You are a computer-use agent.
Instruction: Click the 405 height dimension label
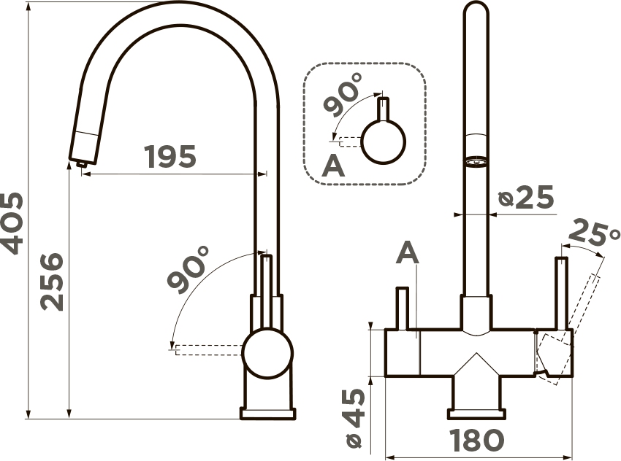[x=12, y=223]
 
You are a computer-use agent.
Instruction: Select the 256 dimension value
[x=52, y=282]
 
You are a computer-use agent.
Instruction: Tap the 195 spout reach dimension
[x=170, y=157]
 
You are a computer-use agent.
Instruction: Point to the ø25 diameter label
[x=526, y=197]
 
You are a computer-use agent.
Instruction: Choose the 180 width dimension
[x=477, y=440]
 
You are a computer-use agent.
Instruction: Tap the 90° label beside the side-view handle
[x=188, y=270]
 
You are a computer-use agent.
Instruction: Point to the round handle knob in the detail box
[x=384, y=142]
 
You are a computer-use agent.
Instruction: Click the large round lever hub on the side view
[x=267, y=352]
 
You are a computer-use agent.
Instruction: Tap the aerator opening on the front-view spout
[x=476, y=162]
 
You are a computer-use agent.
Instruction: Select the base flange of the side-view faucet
[x=267, y=413]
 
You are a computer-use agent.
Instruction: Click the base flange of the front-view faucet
[x=477, y=414]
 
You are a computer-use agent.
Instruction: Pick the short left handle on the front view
[x=402, y=308]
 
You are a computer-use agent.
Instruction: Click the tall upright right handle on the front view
[x=562, y=293]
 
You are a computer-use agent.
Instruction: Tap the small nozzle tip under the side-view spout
[x=81, y=163]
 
